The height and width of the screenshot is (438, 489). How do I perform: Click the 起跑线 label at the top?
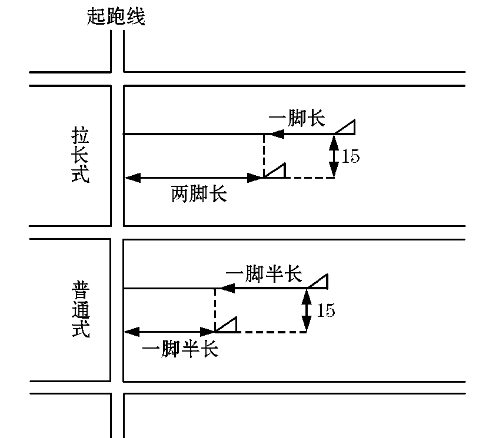(115, 16)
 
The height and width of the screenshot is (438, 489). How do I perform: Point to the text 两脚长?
(199, 194)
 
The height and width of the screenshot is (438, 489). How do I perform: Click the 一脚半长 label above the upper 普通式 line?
(264, 274)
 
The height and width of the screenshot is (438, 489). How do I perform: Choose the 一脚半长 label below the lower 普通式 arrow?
(181, 349)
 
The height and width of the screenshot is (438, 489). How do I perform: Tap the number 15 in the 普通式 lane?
(325, 310)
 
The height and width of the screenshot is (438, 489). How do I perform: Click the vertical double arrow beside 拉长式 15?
(334, 156)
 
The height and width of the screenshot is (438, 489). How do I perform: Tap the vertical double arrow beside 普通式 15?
(307, 310)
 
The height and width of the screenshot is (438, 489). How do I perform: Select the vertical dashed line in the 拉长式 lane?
(264, 154)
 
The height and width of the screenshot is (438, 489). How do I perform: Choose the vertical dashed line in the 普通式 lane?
(215, 309)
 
